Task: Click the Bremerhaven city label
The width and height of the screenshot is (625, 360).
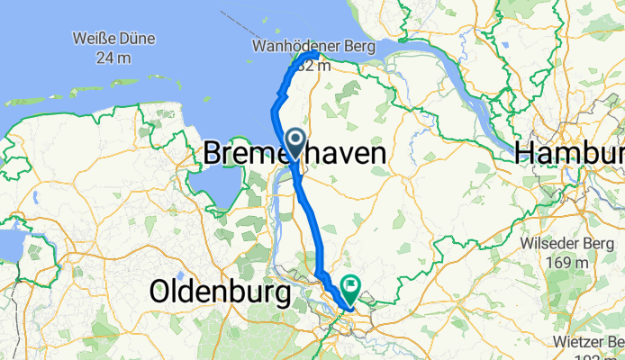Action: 295,154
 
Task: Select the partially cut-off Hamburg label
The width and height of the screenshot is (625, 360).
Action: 570,154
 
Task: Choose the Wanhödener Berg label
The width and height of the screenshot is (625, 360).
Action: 312,45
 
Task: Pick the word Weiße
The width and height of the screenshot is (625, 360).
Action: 95,39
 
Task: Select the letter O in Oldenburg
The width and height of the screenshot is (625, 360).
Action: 159,292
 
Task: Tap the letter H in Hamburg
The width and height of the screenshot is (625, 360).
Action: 525,154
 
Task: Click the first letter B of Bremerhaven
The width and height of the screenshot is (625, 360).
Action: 213,154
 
